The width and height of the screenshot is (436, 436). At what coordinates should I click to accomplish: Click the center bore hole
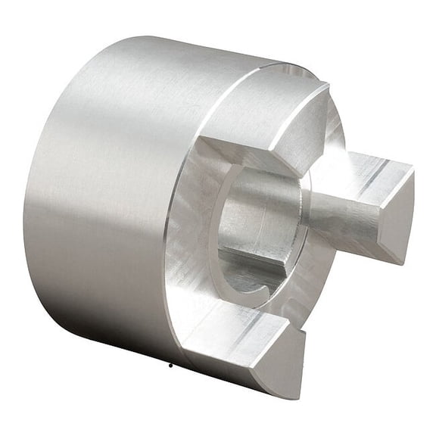point(257,227)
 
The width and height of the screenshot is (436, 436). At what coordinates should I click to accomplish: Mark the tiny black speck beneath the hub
point(171,364)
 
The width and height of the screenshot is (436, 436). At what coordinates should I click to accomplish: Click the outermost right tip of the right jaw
point(413,170)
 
